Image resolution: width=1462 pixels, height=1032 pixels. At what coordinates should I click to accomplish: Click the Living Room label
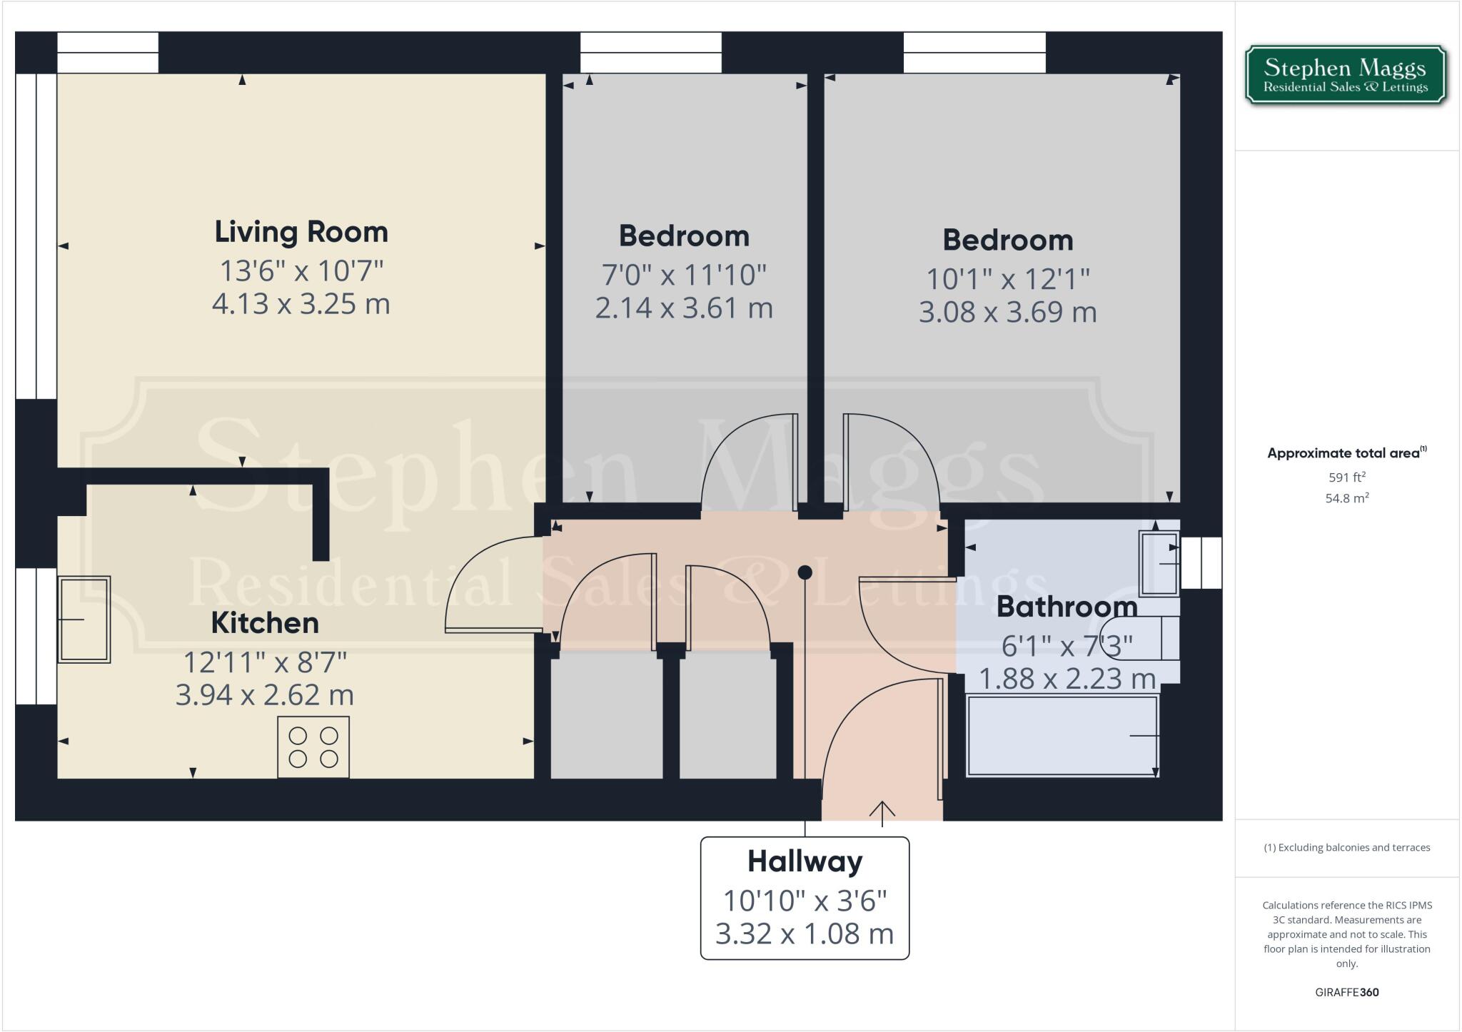[x=301, y=232]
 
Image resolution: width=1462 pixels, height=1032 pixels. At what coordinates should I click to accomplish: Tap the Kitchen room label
[x=265, y=623]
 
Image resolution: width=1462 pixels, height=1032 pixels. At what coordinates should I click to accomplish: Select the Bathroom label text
[x=1067, y=607]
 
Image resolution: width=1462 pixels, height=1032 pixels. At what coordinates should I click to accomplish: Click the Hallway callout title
[x=805, y=861]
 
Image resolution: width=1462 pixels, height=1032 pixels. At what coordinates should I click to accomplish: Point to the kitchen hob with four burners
[x=313, y=747]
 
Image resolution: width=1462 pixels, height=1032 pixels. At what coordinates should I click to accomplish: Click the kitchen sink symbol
[x=84, y=619]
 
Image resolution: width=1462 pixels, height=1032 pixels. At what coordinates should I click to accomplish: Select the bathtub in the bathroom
[x=1062, y=736]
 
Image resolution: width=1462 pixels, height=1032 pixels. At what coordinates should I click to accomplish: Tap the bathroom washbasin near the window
[x=1159, y=564]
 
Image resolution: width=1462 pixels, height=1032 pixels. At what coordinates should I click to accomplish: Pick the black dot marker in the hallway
[x=805, y=572]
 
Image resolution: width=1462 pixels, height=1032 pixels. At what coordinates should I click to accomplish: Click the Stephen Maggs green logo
[x=1345, y=75]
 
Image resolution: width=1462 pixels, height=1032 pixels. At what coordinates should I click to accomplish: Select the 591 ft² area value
[x=1346, y=477]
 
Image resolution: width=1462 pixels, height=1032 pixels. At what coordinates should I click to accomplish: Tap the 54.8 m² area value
[x=1346, y=498]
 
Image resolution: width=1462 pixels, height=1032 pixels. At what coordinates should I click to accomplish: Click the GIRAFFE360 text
[x=1346, y=992]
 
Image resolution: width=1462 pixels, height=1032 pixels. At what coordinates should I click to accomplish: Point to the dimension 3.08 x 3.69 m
[x=1007, y=313]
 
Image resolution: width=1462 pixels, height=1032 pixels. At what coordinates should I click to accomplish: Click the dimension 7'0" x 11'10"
[x=684, y=275]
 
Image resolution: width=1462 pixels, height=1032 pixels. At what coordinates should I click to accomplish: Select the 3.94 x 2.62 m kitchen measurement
[x=265, y=694]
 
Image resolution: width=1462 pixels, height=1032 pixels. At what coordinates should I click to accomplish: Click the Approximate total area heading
[x=1345, y=452]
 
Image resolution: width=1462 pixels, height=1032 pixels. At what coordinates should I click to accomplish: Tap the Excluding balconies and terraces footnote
[x=1346, y=848]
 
